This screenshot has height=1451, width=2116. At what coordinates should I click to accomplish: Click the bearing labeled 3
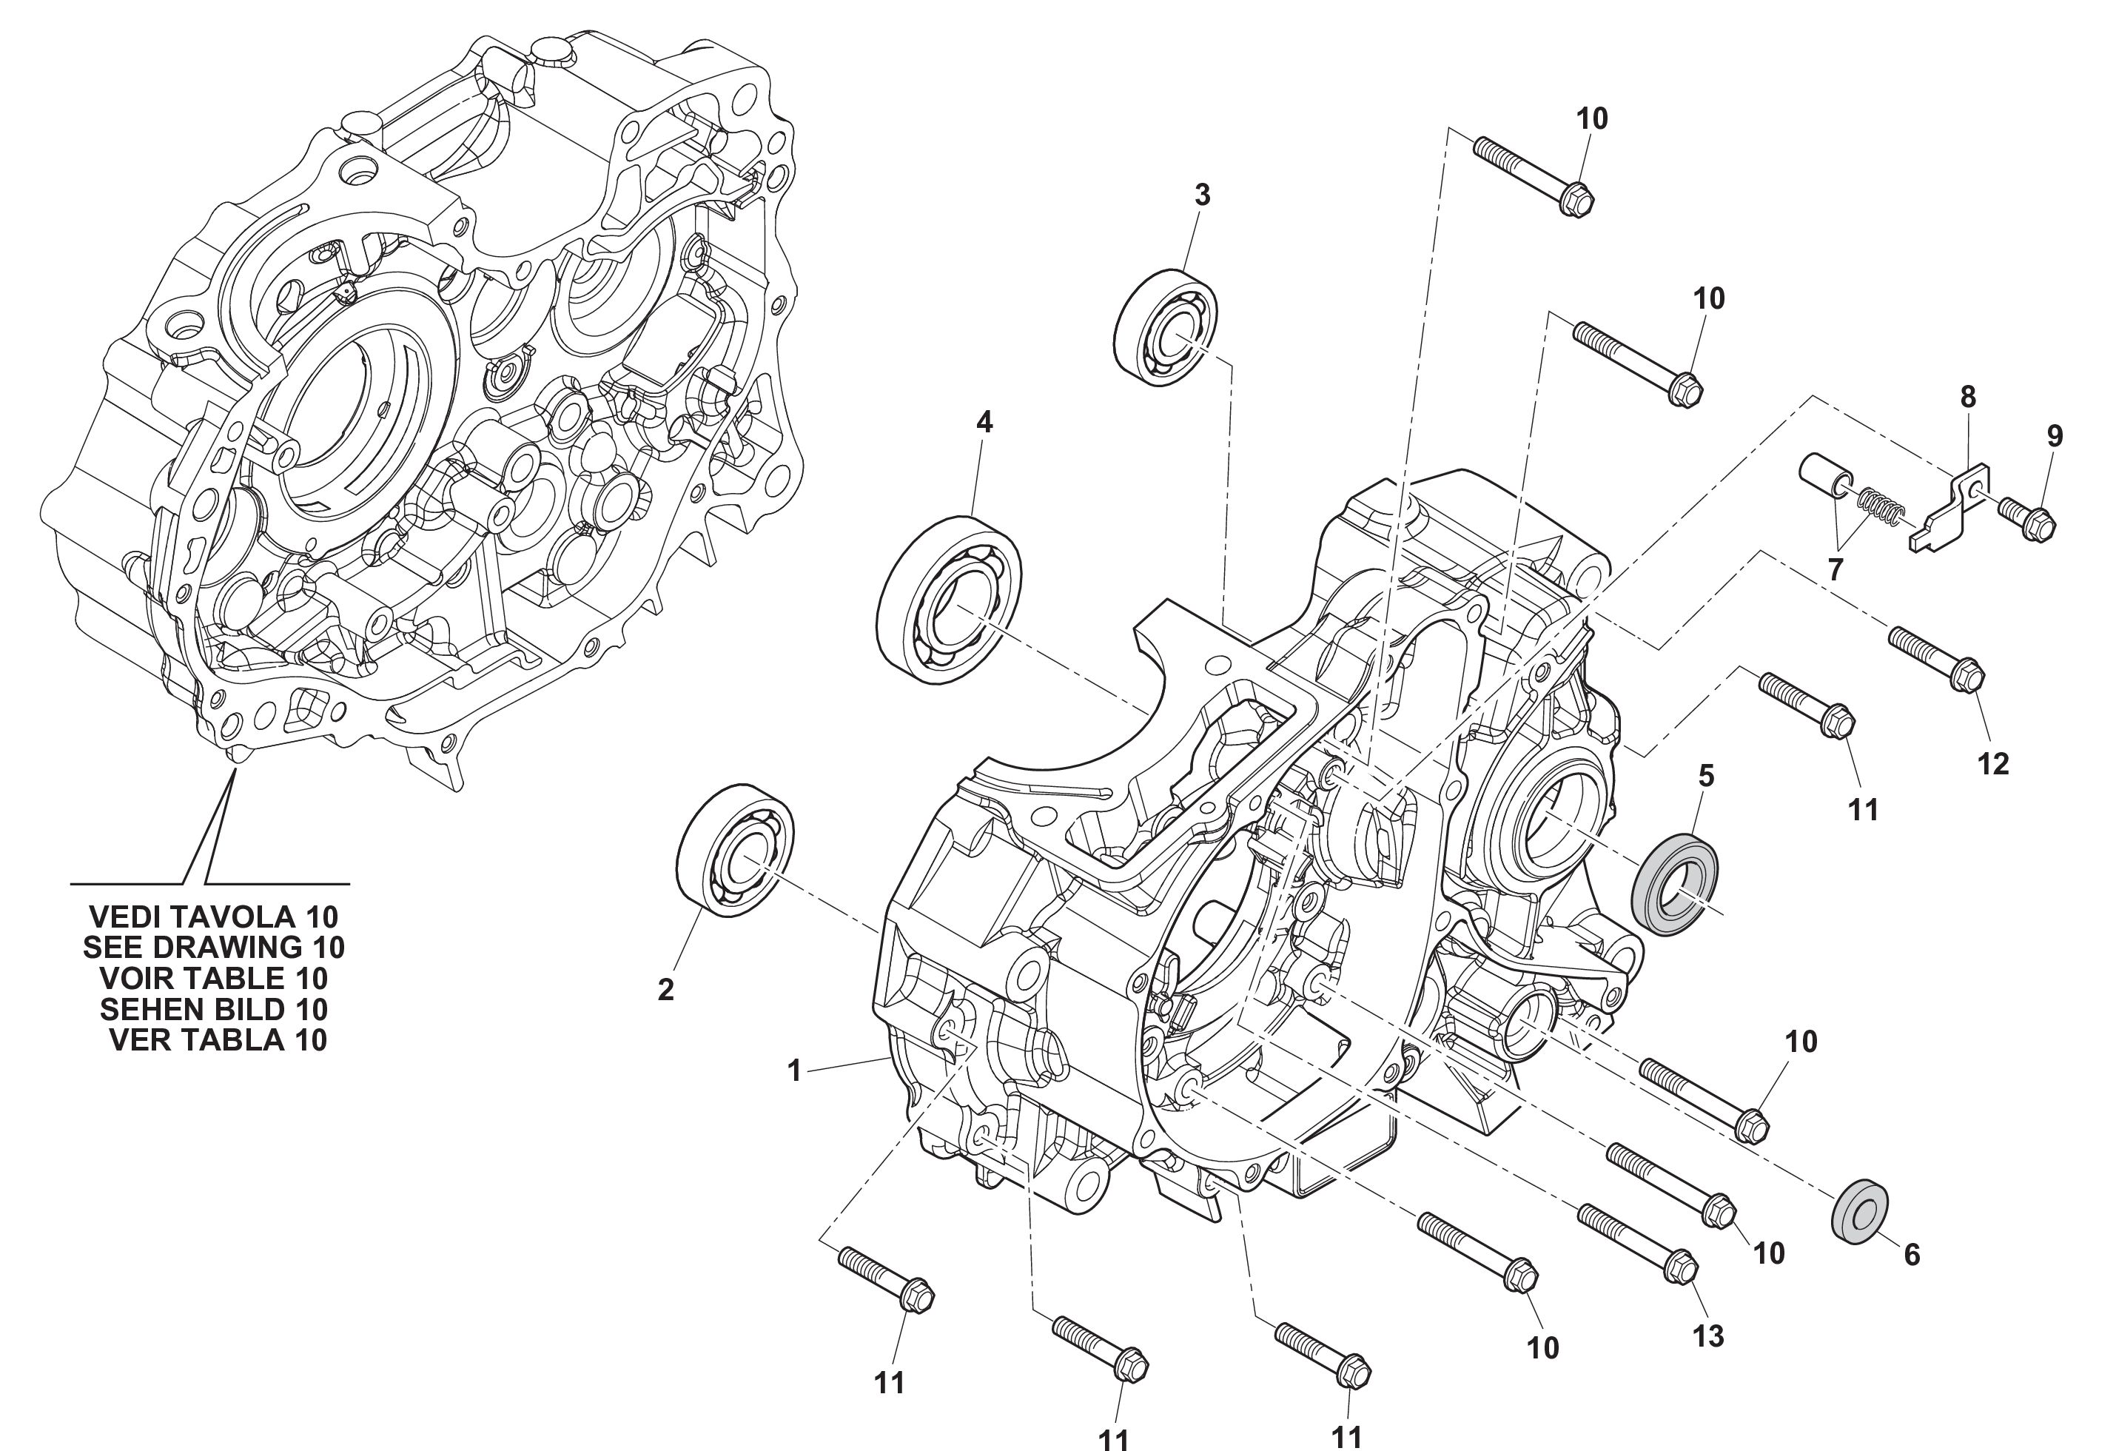[x=1168, y=327]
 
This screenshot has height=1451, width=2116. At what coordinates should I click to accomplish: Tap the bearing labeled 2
[x=736, y=848]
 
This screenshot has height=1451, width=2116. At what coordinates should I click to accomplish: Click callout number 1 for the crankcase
[x=794, y=1071]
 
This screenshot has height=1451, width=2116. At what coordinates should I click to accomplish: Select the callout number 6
[x=1912, y=1255]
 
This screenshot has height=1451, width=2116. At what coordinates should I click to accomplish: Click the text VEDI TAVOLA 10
[x=214, y=916]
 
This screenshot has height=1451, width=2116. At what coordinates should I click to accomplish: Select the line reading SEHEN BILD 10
[x=214, y=1009]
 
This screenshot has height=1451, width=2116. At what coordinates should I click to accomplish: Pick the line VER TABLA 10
[x=218, y=1040]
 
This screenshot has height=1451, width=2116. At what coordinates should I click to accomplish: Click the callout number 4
[x=984, y=422]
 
